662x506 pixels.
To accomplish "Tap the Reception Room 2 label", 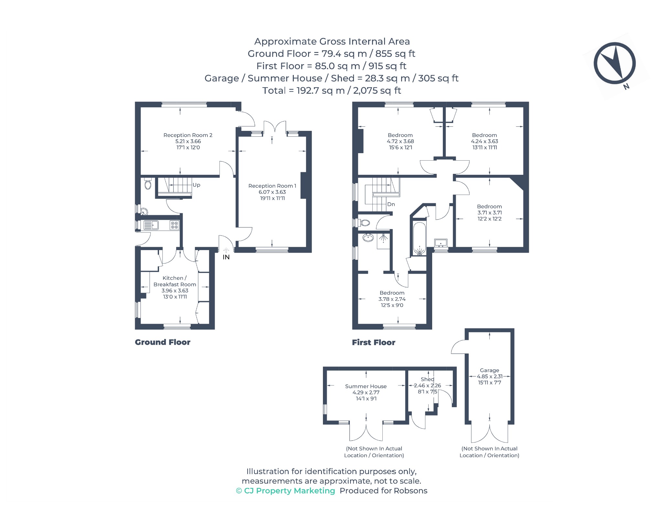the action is [x=188, y=135].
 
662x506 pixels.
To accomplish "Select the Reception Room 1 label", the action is [x=272, y=186].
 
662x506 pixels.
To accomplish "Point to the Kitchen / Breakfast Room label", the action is [x=175, y=281].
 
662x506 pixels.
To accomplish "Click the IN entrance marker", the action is [x=226, y=257].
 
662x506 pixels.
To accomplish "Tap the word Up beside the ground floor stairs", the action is [x=197, y=185].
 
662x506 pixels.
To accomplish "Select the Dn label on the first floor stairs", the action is [x=391, y=204].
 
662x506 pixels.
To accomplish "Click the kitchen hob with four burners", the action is [x=175, y=225].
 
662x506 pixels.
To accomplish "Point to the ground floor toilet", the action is [x=148, y=183].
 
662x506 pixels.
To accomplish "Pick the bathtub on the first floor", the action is [x=420, y=238].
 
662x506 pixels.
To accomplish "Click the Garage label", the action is [x=489, y=370].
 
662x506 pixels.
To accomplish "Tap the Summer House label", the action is [x=366, y=386].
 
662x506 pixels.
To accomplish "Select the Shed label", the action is [x=427, y=379].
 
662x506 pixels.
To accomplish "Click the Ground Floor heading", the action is [x=163, y=342].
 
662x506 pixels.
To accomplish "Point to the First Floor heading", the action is [x=374, y=343].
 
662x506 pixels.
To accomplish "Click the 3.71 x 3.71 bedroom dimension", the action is [x=490, y=213].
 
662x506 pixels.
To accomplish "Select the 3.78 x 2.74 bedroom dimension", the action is [x=392, y=299].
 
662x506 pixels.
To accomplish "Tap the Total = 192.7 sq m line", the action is [x=332, y=90].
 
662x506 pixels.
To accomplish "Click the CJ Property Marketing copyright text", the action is [x=286, y=491].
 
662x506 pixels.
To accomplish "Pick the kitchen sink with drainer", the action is [x=151, y=225].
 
